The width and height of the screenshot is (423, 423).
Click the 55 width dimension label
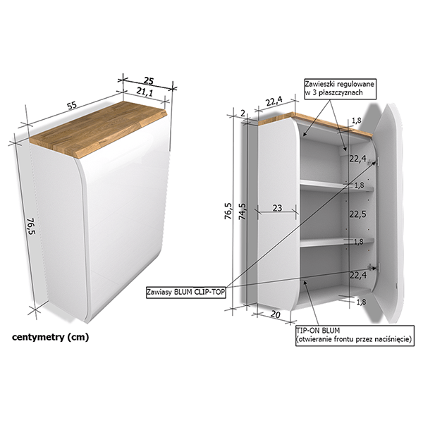(72, 105)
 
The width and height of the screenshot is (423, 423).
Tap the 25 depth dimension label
(148, 80)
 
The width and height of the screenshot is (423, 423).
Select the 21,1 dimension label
(145, 92)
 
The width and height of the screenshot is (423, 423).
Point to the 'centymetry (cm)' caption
(50, 337)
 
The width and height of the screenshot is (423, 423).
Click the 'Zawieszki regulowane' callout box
(340, 88)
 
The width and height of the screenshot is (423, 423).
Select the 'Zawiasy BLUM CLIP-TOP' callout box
(185, 293)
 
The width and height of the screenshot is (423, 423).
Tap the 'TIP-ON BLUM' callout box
(355, 336)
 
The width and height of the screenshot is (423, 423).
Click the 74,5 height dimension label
(243, 211)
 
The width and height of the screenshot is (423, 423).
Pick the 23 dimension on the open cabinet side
(277, 208)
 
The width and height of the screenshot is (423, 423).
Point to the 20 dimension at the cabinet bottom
(275, 314)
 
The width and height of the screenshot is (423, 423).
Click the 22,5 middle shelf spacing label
(358, 214)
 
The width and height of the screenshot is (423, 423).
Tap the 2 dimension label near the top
(243, 114)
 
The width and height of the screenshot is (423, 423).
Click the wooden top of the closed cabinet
(99, 129)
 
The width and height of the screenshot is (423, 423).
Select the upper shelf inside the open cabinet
(337, 186)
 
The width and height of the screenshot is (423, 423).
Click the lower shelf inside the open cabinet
(337, 243)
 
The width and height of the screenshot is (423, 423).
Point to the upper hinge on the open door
(374, 162)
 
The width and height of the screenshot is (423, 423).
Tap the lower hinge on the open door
(374, 267)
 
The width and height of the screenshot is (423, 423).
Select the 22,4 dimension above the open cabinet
(274, 101)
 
